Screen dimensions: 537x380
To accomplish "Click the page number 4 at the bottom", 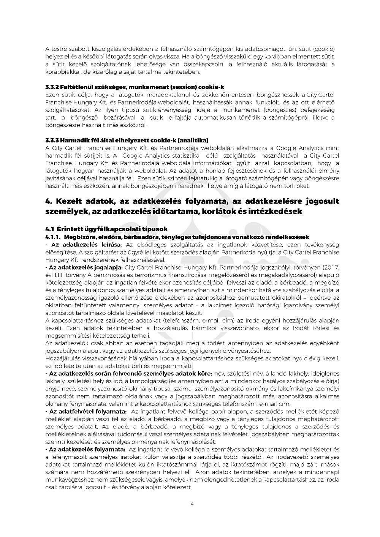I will coord(192,504).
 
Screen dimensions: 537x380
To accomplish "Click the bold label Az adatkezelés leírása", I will coord(87,243).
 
